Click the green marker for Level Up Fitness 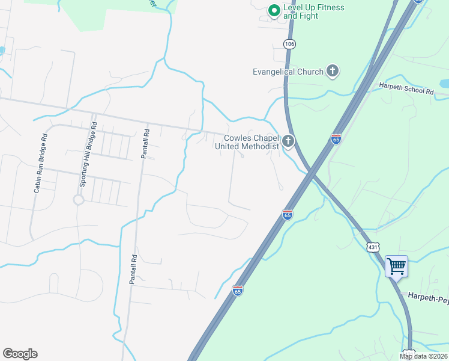point(274,11)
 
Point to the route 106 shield point(290,44)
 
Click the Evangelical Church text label point(288,72)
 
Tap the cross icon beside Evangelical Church point(332,72)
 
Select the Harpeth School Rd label point(406,88)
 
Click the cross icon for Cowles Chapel point(289,142)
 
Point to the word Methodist point(262,146)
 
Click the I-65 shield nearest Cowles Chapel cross point(336,139)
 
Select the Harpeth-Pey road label point(428,296)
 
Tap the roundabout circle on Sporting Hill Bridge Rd point(78,199)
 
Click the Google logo point(20,354)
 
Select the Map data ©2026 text point(423,356)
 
